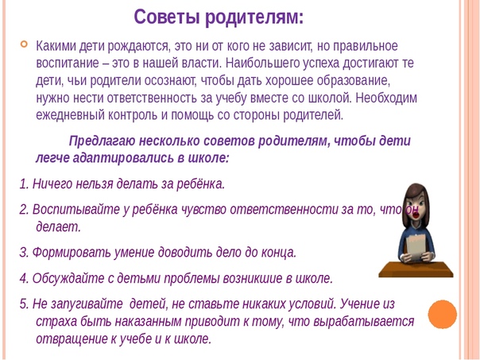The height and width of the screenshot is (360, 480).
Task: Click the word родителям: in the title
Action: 254,17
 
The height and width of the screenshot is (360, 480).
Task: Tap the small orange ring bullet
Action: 24,45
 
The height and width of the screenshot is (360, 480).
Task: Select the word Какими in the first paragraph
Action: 56,46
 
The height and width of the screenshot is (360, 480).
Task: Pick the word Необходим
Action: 386,98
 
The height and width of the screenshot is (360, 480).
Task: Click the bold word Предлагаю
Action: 102,141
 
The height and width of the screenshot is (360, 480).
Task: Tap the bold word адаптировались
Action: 122,158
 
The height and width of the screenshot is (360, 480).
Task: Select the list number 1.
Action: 24,184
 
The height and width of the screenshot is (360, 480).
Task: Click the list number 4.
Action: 24,279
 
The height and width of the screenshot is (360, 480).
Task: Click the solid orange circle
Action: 443,315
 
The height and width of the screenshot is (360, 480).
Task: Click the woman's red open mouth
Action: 416,215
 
